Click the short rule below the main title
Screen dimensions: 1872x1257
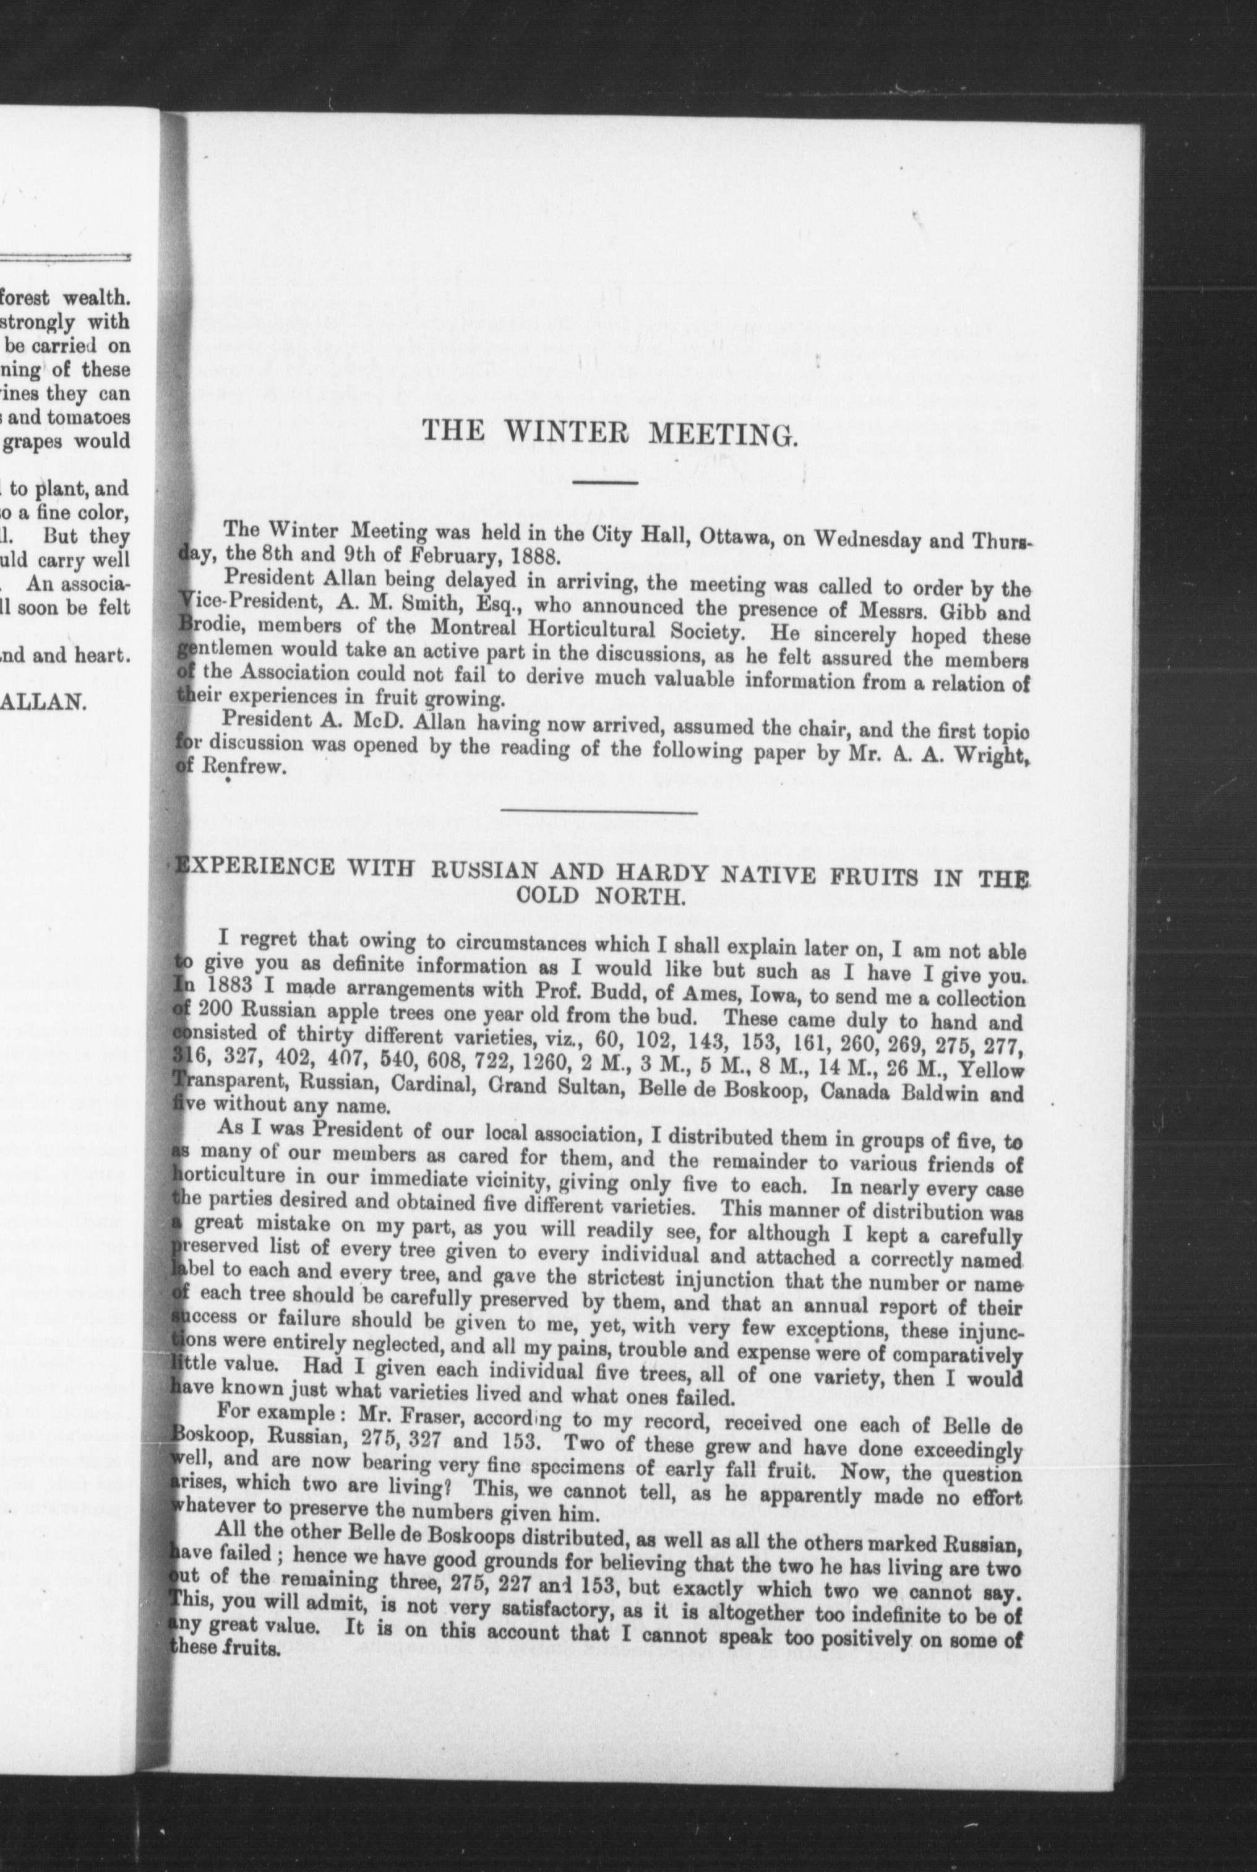(x=606, y=482)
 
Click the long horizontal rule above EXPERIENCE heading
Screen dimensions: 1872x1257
(x=599, y=813)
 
